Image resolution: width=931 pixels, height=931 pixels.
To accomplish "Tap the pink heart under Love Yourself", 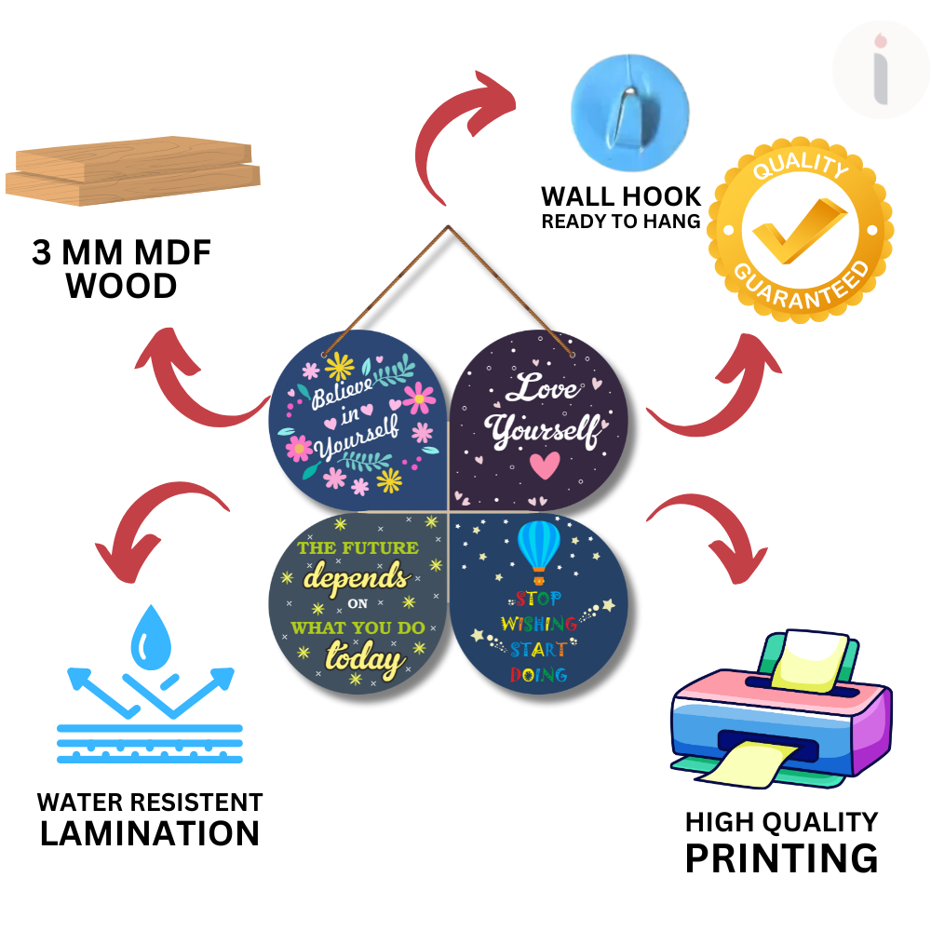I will (x=544, y=464).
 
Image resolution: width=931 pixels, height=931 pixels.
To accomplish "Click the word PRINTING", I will (x=781, y=857).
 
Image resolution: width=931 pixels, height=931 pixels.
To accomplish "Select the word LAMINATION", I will (x=149, y=833).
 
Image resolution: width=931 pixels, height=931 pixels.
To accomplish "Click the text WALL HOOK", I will (x=621, y=196).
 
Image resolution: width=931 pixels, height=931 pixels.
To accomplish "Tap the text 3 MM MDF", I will (x=122, y=253).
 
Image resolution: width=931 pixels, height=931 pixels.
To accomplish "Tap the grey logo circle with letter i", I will (x=880, y=71).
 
